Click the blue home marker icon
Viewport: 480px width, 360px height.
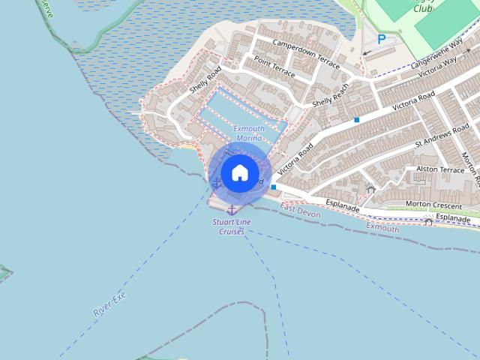(x=239, y=172)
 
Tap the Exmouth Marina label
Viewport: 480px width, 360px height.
(x=249, y=133)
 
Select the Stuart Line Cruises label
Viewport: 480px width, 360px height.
(x=232, y=227)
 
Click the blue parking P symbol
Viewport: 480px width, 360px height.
(x=382, y=39)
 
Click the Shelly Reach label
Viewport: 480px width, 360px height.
(x=331, y=100)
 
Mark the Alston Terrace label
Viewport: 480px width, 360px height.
(x=440, y=170)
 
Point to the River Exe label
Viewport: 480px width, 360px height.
(x=110, y=303)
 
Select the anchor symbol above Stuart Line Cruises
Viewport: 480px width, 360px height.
(x=232, y=208)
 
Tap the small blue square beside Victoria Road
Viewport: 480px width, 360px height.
(x=357, y=120)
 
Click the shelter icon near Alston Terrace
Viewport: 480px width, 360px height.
(x=370, y=188)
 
